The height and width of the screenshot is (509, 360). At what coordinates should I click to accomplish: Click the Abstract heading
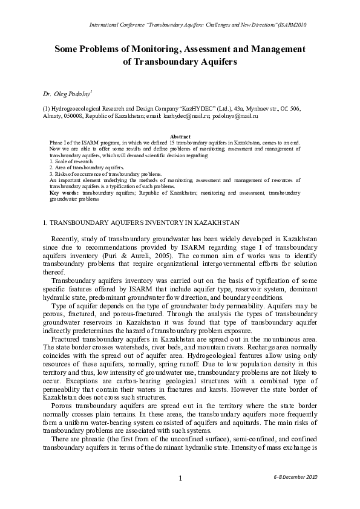pyautogui.click(x=181, y=137)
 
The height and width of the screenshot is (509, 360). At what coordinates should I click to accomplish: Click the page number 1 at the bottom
pyautogui.click(x=180, y=479)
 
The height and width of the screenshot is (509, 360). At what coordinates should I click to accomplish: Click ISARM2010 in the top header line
pyautogui.click(x=292, y=25)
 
